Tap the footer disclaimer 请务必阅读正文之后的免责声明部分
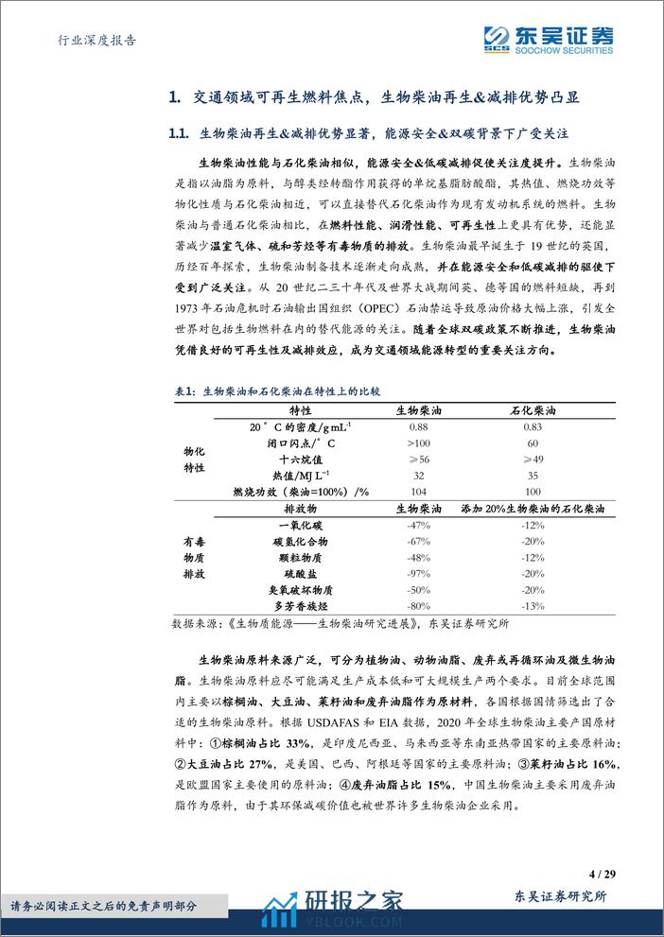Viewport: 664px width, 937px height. (x=102, y=904)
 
